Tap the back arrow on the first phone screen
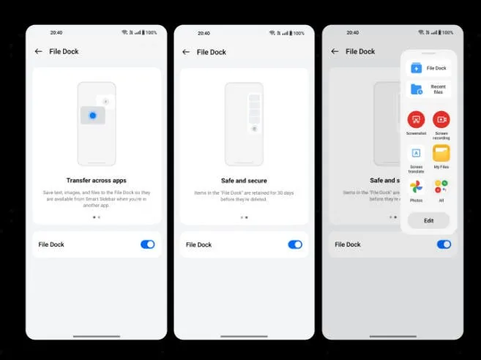click(x=38, y=51)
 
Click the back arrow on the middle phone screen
click(x=186, y=52)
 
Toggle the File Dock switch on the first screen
click(x=147, y=244)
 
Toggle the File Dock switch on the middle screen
click(x=295, y=244)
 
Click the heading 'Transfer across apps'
click(x=97, y=180)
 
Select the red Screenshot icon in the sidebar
click(x=416, y=119)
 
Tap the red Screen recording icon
click(x=441, y=119)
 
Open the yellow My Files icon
click(x=441, y=153)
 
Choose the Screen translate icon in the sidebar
click(x=416, y=153)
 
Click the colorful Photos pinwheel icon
click(x=416, y=187)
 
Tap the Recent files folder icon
click(x=417, y=89)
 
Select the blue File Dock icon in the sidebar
click(x=417, y=68)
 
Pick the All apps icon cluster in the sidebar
click(x=441, y=187)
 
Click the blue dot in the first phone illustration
click(x=92, y=116)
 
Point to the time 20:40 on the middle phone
click(x=204, y=33)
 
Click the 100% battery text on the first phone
click(x=152, y=33)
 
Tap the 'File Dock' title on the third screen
click(x=360, y=52)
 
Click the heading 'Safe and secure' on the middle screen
click(x=244, y=180)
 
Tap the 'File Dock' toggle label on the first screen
click(x=51, y=244)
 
